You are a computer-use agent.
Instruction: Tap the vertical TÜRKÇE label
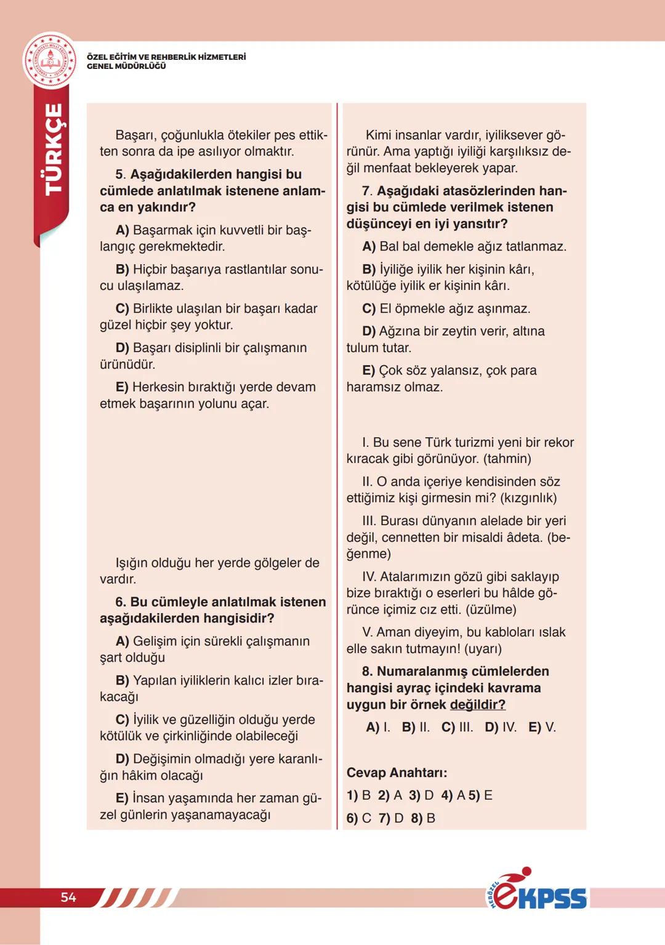pos(54,149)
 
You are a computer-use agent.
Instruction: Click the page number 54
pos(68,897)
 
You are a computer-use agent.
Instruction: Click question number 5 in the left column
pos(121,174)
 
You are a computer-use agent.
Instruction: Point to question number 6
pos(121,602)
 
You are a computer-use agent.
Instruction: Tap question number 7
pos(367,191)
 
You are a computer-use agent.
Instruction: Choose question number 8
pos(367,671)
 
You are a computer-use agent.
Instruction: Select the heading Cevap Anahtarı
pos(397,773)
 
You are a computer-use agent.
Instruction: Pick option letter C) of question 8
pos(448,727)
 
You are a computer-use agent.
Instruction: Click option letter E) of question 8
pos(535,727)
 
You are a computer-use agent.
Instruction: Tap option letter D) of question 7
pos(369,331)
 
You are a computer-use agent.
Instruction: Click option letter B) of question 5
pos(123,269)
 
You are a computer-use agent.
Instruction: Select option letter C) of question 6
pos(123,720)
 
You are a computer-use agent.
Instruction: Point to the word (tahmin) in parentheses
pos(507,459)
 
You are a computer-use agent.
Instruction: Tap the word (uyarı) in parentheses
pos(483,649)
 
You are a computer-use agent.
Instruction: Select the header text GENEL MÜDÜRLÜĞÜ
pos(126,66)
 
